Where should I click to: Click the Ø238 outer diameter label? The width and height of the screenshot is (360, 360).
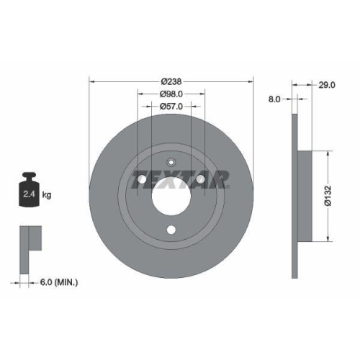171,80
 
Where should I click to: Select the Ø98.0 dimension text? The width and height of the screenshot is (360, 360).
171,94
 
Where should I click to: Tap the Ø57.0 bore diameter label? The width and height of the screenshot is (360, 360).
171,107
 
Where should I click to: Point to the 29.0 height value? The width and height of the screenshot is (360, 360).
326,85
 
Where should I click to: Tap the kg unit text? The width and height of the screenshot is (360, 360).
46,194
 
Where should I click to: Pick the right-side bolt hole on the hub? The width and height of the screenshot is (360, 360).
201,179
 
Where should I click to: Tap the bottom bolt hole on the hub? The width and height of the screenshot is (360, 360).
171,230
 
